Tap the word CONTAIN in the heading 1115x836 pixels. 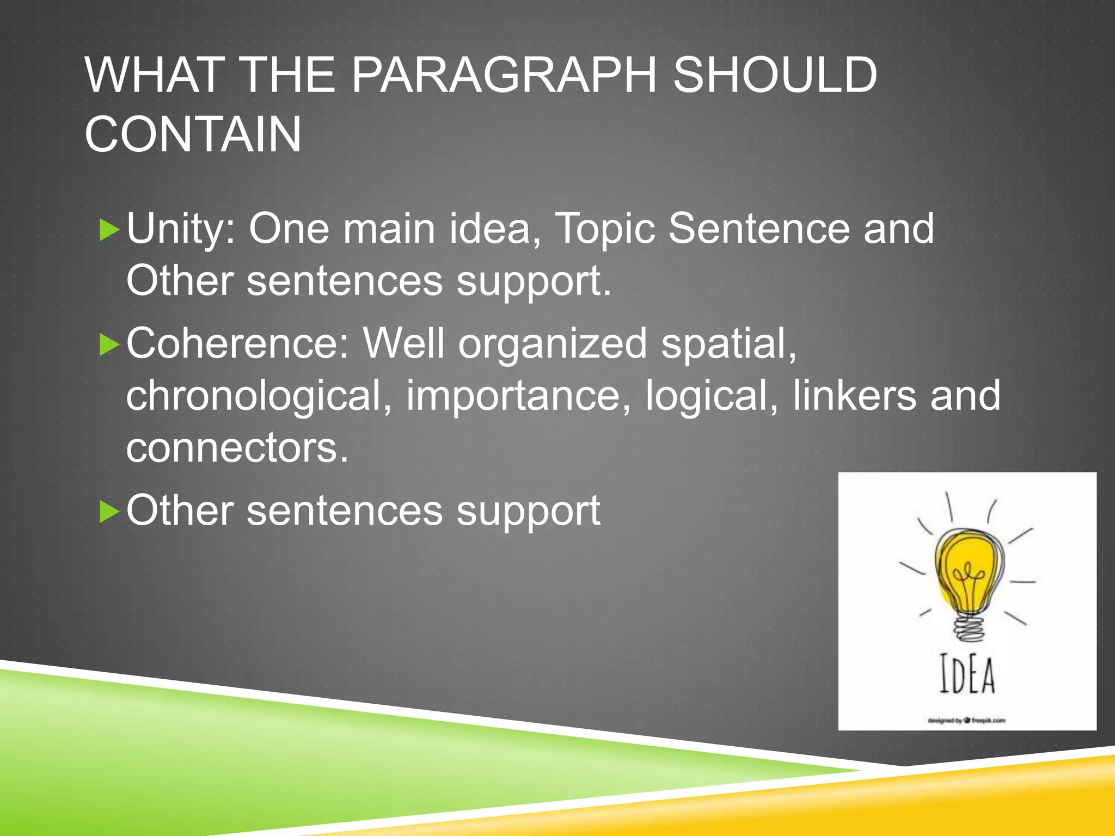(x=193, y=134)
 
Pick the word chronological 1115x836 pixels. (x=259, y=396)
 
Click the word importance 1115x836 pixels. (x=519, y=396)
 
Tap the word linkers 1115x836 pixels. (x=854, y=396)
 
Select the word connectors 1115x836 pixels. (x=237, y=448)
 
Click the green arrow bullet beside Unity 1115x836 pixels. (x=109, y=230)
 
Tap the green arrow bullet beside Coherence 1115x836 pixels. (x=109, y=345)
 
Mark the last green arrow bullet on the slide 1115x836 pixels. (x=109, y=512)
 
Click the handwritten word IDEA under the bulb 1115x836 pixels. (x=967, y=675)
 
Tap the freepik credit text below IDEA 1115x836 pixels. (x=967, y=720)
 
